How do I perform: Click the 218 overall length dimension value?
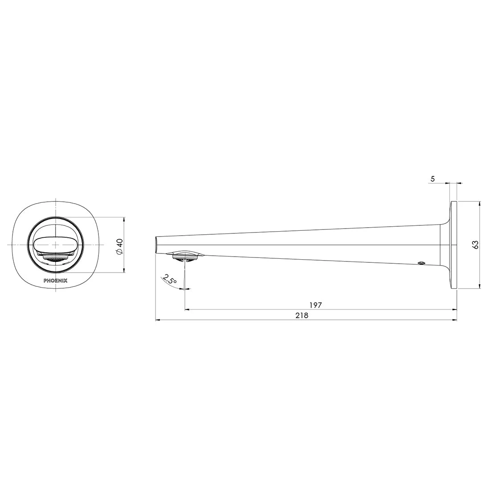click(x=302, y=315)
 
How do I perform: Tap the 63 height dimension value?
click(x=475, y=245)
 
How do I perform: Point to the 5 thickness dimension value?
click(x=433, y=179)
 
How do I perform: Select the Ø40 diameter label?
click(x=118, y=246)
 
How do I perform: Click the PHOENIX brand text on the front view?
click(x=55, y=281)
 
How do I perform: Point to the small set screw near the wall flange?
click(x=421, y=264)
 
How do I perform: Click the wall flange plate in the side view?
click(x=454, y=245)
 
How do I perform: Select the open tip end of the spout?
click(x=156, y=245)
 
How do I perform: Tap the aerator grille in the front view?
click(x=55, y=258)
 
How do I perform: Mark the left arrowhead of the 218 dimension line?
click(x=157, y=320)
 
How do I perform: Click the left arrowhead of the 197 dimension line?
click(x=187, y=309)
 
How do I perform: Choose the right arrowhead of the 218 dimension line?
click(x=455, y=320)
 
